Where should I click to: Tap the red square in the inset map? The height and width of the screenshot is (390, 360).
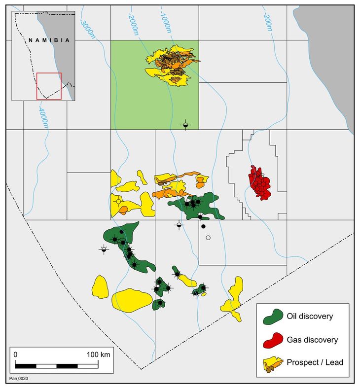click(49, 86)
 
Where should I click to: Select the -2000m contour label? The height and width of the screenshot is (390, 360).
click(133, 23)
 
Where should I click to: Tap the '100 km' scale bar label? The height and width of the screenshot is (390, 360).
click(98, 355)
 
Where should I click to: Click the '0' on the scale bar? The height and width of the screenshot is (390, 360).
click(16, 355)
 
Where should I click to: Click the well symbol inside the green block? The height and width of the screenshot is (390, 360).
click(185, 125)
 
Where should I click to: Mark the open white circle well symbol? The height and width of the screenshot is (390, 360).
click(208, 238)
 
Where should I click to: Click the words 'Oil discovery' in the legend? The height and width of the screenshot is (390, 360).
click(310, 316)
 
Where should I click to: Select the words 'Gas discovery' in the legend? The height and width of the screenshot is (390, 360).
click(312, 340)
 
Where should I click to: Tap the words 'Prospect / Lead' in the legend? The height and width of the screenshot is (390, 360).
click(315, 363)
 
